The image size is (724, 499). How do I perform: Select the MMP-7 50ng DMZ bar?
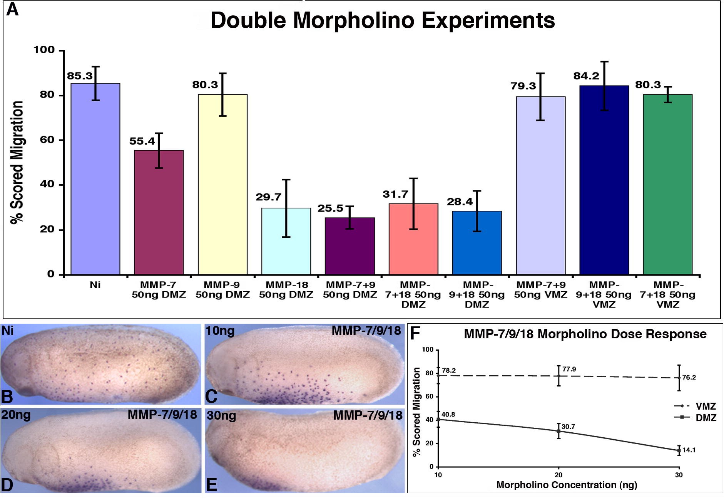(x=159, y=212)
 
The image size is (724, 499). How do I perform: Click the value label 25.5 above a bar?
(x=330, y=208)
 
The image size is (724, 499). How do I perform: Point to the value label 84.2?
(x=586, y=76)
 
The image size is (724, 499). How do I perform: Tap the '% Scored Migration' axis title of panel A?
(x=17, y=162)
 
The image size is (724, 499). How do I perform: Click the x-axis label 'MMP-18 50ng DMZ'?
(x=286, y=290)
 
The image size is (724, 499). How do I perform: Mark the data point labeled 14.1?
(x=679, y=450)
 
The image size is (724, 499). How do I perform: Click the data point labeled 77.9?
(x=558, y=376)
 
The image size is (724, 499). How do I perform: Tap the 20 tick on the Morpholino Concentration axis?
(x=558, y=475)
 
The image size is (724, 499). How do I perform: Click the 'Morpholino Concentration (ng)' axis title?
(x=567, y=485)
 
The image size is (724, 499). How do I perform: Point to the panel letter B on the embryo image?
(x=8, y=397)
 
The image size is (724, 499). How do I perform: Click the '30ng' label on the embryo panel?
(x=221, y=416)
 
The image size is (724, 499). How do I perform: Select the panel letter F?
(x=415, y=334)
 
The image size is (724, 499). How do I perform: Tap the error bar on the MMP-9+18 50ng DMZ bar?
(x=477, y=211)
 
